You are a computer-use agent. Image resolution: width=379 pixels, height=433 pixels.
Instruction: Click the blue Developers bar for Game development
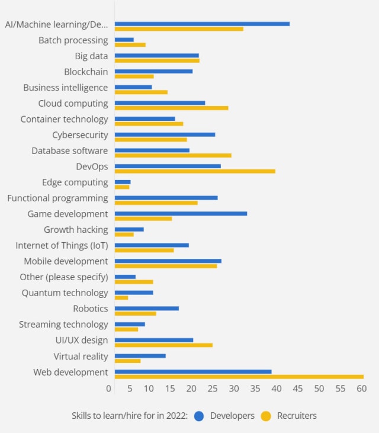pyautogui.click(x=181, y=213)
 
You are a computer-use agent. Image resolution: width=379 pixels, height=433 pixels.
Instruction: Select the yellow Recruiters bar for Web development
pyautogui.click(x=239, y=377)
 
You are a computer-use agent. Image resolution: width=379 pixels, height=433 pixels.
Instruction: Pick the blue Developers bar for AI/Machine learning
pyautogui.click(x=202, y=24)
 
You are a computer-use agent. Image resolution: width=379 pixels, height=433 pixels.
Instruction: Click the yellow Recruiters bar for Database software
pyautogui.click(x=173, y=155)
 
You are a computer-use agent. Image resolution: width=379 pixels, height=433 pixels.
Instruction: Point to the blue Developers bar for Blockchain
pyautogui.click(x=153, y=71)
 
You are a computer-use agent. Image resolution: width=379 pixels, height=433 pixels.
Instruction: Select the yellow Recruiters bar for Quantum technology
pyautogui.click(x=121, y=297)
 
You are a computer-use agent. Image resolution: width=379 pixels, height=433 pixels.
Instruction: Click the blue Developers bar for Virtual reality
pyautogui.click(x=140, y=355)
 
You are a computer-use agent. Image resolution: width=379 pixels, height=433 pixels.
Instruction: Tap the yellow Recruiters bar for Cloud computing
pyautogui.click(x=171, y=108)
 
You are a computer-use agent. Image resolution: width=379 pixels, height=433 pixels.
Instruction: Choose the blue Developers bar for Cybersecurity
pyautogui.click(x=165, y=134)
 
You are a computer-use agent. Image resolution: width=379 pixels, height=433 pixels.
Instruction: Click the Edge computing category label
pyautogui.click(x=75, y=182)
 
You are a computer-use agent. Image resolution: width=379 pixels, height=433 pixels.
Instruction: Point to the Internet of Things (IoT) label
pyautogui.click(x=62, y=245)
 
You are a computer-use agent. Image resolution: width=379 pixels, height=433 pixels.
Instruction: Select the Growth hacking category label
pyautogui.click(x=76, y=230)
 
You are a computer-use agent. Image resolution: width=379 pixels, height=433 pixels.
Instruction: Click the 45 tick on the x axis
pyautogui.click(x=298, y=389)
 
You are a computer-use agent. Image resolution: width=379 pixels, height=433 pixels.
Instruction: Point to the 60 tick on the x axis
pyautogui.click(x=361, y=389)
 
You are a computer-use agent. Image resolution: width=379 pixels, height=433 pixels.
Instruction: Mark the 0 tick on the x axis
pyautogui.click(x=109, y=389)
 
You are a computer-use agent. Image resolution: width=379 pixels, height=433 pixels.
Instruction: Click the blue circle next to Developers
pyautogui.click(x=199, y=416)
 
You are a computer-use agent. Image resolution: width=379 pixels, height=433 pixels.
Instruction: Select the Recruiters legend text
pyautogui.click(x=297, y=416)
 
